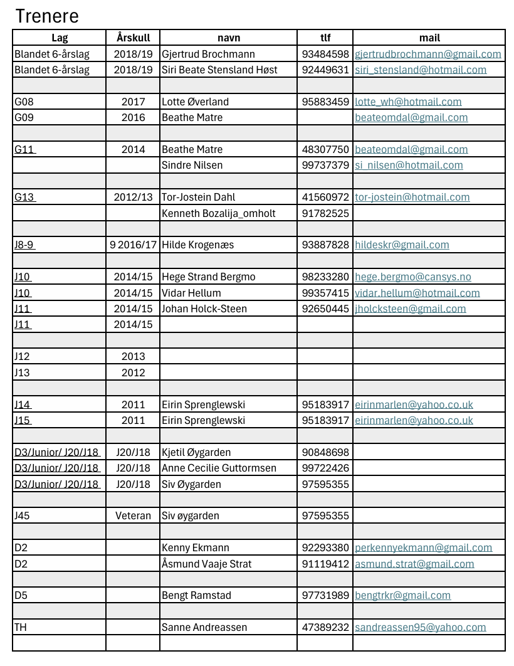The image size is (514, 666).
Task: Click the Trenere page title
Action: [x=46, y=16]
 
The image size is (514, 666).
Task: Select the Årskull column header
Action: [x=133, y=38]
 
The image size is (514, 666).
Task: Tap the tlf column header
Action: [x=325, y=38]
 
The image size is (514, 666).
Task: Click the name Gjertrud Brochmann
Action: [x=208, y=54]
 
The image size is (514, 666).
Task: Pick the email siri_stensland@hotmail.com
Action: [x=421, y=70]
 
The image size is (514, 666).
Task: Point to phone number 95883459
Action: [x=325, y=102]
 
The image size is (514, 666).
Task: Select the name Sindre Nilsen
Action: [x=192, y=165]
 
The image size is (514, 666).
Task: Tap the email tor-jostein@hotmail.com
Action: [x=412, y=197]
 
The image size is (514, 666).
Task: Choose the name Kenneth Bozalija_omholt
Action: [x=218, y=213]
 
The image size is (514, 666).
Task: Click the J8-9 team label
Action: [x=24, y=245]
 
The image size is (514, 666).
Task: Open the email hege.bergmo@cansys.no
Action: [x=412, y=277]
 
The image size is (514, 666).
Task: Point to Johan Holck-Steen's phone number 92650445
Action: [x=325, y=309]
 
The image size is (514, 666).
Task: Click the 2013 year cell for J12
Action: [x=133, y=356]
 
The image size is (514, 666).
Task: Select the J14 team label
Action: [x=22, y=404]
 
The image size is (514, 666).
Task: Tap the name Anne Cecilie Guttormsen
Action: [x=219, y=468]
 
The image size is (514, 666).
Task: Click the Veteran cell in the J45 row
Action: [x=133, y=515]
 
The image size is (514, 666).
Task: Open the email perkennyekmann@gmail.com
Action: [x=423, y=547]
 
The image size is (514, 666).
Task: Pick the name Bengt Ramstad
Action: [x=197, y=595]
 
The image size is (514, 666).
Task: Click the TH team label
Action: [x=21, y=627]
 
